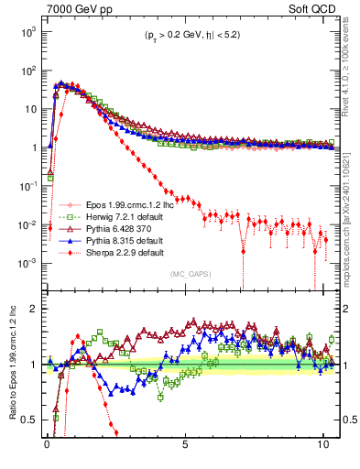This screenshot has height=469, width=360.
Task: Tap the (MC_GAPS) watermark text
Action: click(188, 274)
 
